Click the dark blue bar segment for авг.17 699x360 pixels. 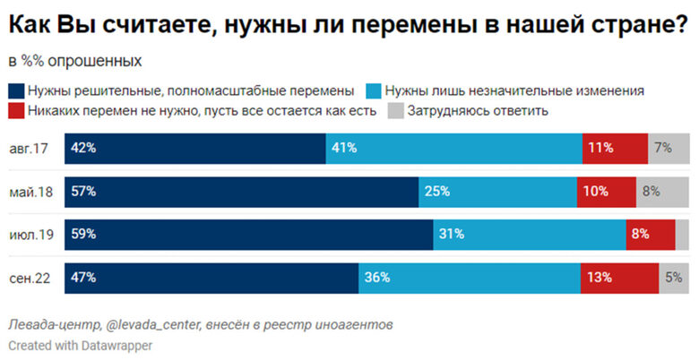(194, 149)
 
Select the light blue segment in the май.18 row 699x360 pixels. (497, 192)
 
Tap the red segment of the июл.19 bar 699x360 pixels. (650, 235)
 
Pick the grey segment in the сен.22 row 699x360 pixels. (674, 278)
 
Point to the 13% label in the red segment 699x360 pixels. (600, 278)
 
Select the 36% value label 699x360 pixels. (376, 278)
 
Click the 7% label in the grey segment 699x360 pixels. (663, 149)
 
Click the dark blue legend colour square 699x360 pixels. (16, 90)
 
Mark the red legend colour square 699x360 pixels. (16, 111)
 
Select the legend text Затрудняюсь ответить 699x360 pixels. (477, 111)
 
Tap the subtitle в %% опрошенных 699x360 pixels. (74, 62)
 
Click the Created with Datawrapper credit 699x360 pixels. (81, 345)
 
